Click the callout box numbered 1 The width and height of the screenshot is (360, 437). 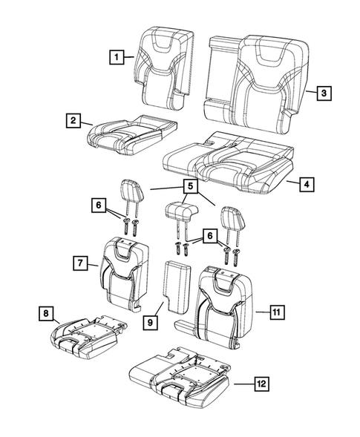pyautogui.click(x=116, y=55)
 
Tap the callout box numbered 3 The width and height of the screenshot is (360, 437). pyautogui.click(x=323, y=93)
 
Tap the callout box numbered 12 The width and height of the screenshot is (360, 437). pyautogui.click(x=260, y=384)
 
